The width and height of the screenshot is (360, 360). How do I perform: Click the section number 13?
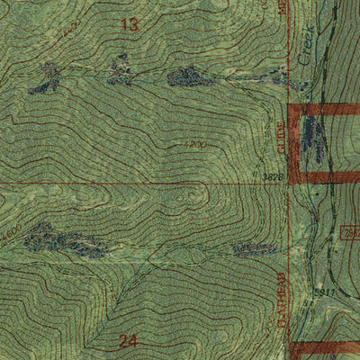coord(130,25)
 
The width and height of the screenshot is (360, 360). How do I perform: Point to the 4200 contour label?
coord(191,144)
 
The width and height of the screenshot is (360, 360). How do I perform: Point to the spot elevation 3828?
coord(275,178)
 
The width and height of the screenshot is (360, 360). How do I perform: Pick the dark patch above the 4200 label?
coord(190,77)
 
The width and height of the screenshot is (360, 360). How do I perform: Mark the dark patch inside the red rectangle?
coord(312,139)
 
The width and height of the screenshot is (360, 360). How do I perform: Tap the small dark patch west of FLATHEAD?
coord(253,248)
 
